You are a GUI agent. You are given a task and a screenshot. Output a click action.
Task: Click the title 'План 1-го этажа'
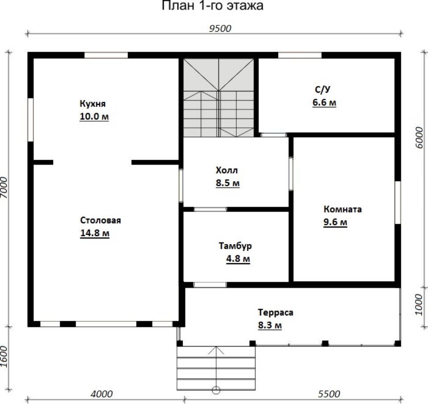(212, 5)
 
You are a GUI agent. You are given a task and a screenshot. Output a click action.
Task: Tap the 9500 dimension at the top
(220, 29)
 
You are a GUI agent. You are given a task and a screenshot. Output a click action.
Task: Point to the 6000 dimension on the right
(420, 137)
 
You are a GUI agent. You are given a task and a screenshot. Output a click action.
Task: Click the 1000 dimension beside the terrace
(419, 304)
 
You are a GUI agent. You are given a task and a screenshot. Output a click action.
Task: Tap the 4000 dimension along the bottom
(101, 394)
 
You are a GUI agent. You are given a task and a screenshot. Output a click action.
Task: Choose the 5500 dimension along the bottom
(329, 394)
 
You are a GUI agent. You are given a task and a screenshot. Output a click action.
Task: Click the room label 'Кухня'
(93, 104)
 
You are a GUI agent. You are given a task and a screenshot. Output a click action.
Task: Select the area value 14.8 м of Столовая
(95, 233)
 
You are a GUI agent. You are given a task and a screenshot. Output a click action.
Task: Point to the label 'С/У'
(323, 90)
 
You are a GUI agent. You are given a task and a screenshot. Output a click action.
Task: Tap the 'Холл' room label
(226, 170)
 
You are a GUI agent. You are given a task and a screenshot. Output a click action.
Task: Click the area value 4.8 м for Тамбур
(238, 258)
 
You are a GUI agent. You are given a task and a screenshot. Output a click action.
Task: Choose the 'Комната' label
(342, 209)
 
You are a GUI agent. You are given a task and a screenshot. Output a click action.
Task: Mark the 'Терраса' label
(276, 312)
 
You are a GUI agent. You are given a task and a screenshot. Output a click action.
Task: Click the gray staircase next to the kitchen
(218, 98)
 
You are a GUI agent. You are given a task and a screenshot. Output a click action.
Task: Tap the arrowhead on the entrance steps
(216, 350)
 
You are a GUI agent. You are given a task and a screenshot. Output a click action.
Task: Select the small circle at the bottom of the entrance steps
(216, 390)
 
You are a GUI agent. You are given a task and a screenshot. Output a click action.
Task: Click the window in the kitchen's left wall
(31, 120)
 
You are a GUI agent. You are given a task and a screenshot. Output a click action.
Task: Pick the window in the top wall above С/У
(300, 55)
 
